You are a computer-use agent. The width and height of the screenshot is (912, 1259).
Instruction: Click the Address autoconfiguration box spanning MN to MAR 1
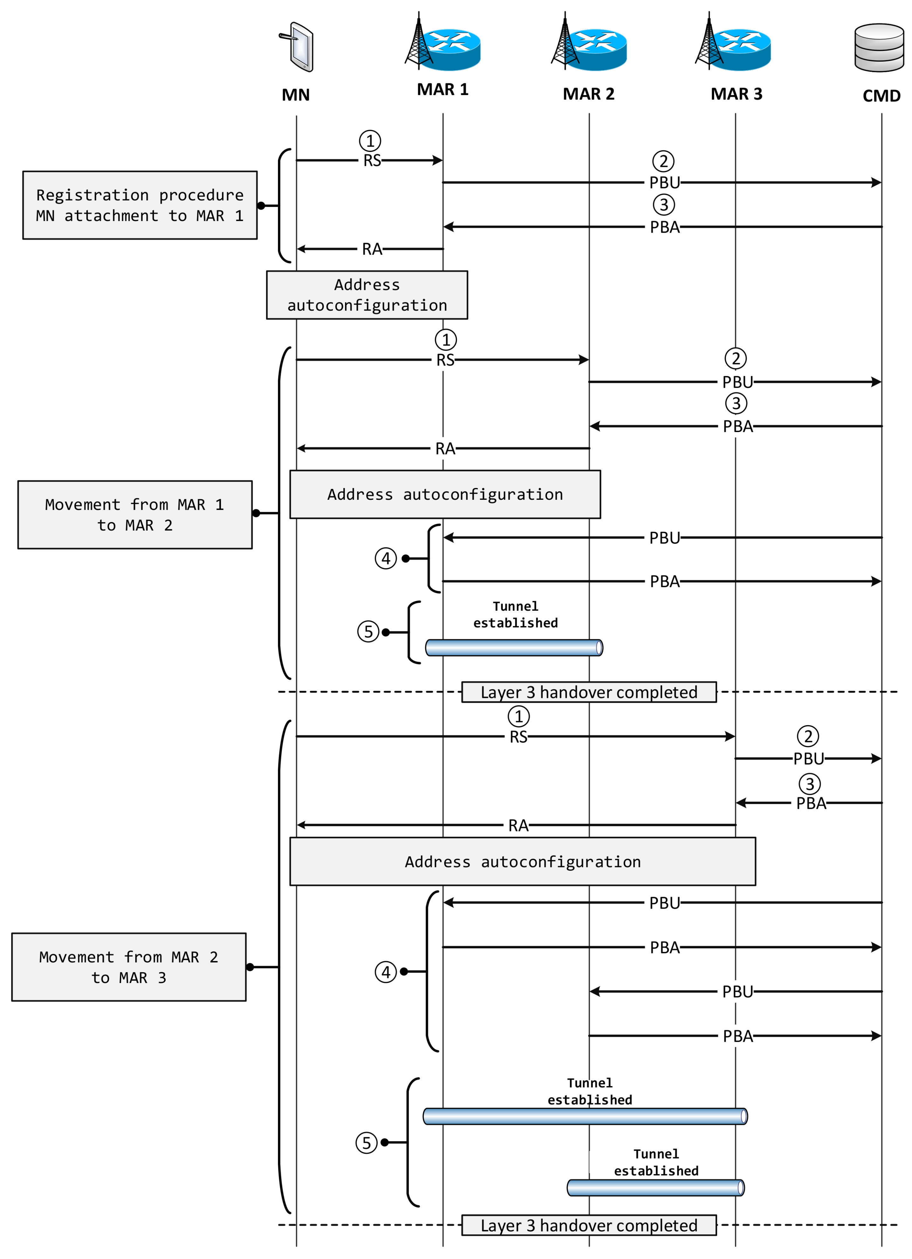coord(367,295)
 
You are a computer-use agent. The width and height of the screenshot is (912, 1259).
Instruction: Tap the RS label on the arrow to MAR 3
coord(518,737)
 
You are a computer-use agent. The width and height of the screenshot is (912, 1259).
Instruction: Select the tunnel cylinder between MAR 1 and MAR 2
coord(514,647)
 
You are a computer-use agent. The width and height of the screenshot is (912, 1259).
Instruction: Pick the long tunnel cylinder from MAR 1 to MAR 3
coord(585,1116)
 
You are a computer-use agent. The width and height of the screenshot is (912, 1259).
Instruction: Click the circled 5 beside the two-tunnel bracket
coord(366,1142)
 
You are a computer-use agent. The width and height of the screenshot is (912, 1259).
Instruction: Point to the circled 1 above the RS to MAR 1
coord(370,141)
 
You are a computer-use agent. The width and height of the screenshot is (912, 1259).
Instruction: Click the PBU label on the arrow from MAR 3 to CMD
coord(808,758)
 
